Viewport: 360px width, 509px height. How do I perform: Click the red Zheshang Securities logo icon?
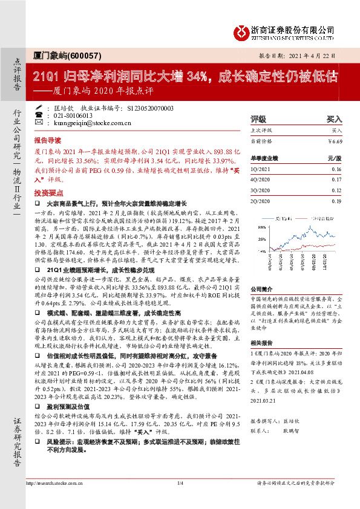tap(241, 31)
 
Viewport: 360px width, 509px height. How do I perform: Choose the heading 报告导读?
tap(47, 138)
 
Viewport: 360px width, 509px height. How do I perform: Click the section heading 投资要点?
tap(47, 192)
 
